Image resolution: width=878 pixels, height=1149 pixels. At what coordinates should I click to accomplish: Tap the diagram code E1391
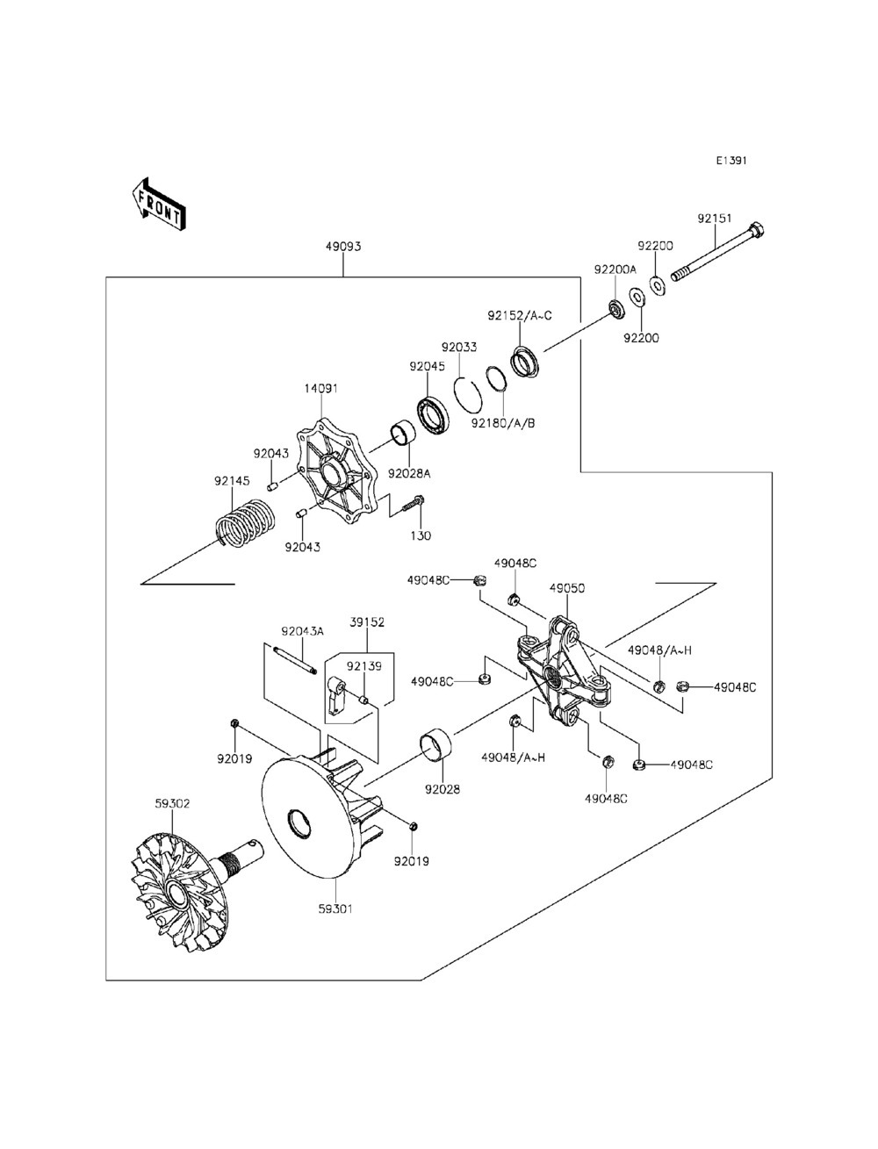pos(731,161)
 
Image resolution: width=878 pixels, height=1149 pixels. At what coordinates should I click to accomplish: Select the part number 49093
pos(343,246)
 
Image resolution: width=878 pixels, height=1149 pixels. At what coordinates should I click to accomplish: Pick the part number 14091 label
pos(321,388)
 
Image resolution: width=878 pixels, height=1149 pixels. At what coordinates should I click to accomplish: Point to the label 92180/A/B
pos(503,423)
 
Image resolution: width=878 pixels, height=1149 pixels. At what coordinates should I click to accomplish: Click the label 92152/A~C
pos(520,316)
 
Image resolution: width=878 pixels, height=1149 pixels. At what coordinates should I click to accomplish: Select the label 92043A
pos(303,631)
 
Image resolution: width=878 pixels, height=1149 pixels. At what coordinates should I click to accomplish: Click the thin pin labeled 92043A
pos(295,661)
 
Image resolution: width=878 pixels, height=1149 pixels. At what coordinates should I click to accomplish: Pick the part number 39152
pos(367,621)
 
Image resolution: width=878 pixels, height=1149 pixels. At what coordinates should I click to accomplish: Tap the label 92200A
pos(615,269)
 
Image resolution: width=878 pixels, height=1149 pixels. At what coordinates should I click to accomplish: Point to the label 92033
pos(459,347)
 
